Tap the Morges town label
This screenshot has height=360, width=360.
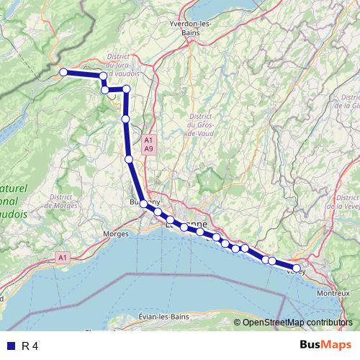click(117, 233)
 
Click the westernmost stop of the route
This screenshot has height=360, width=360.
click(63, 72)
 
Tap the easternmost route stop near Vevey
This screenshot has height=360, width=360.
click(296, 268)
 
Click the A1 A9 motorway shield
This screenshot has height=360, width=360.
click(148, 143)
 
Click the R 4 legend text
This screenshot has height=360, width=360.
click(30, 346)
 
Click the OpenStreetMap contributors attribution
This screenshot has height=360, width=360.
click(297, 322)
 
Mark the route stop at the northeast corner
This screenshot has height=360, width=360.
click(126, 89)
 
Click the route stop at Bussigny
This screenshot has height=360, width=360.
click(143, 204)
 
